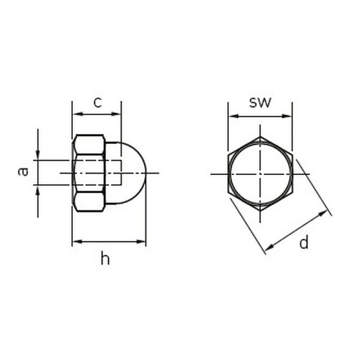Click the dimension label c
click(x=98, y=103)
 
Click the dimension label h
click(x=105, y=258)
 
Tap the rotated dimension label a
click(x=23, y=172)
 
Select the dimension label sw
click(x=260, y=103)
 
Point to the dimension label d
click(x=304, y=242)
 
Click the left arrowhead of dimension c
click(x=77, y=114)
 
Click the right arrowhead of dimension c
click(x=116, y=114)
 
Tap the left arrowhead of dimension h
click(x=77, y=241)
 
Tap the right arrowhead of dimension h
click(x=141, y=241)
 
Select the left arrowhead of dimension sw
click(x=233, y=116)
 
